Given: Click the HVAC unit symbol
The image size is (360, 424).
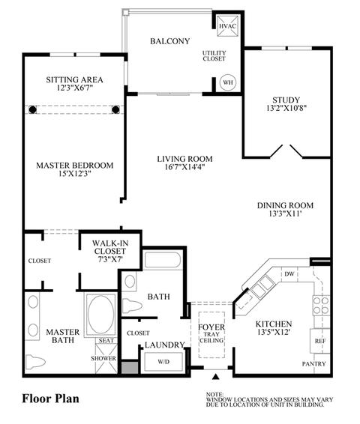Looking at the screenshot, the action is [228, 26].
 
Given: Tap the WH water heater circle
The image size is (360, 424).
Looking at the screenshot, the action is [228, 82].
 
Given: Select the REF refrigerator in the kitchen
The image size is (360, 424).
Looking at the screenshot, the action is [320, 341].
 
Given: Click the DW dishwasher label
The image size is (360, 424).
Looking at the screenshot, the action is [289, 274].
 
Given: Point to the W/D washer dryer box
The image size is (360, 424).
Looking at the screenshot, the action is [163, 362].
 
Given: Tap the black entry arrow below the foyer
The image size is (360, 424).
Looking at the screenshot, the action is [215, 376].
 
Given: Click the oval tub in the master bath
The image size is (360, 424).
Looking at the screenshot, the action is [100, 314].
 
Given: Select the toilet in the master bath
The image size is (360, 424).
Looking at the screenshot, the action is [35, 362].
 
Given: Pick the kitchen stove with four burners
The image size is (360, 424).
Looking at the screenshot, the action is [321, 306].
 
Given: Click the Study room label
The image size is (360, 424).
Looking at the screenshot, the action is [286, 100].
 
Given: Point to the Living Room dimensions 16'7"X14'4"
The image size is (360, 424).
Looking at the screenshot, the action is [184, 167].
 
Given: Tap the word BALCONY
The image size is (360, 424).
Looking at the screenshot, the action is [170, 41].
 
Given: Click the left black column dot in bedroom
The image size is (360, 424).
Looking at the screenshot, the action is [33, 109].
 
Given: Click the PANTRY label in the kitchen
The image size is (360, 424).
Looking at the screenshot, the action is [313, 364].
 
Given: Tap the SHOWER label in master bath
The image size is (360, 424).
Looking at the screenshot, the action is [103, 358].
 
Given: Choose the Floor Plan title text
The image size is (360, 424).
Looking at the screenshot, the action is [50, 399].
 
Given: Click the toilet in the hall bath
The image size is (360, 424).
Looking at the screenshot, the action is [132, 306].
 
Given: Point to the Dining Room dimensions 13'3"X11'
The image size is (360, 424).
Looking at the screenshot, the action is [285, 213].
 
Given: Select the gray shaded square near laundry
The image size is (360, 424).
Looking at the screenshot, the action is [130, 368].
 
